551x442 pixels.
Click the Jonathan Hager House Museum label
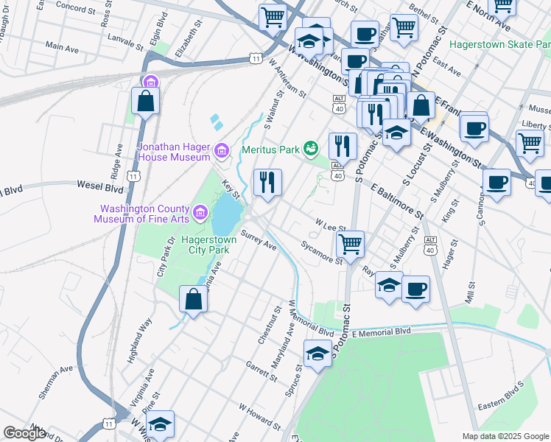click(x=174, y=151)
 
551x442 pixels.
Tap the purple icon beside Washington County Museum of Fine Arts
click(x=199, y=214)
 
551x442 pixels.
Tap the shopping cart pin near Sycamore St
click(x=351, y=244)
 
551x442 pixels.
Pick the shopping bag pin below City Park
click(x=193, y=301)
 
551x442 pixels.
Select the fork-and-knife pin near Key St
click(x=267, y=183)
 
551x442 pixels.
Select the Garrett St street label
click(x=262, y=371)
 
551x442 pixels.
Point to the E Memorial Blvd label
click(x=380, y=333)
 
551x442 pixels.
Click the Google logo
click(x=24, y=432)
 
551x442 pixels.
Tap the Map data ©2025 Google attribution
click(x=505, y=436)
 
